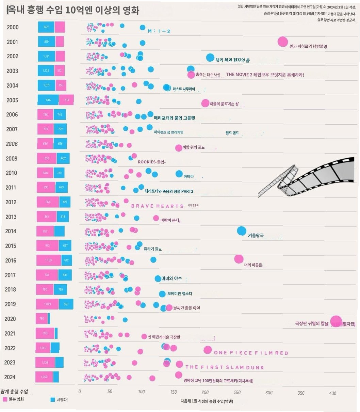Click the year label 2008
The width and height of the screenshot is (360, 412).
pos(12,144)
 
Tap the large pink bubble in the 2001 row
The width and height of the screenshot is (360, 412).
pos(282,42)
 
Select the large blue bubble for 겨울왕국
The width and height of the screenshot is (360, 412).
pos(241,231)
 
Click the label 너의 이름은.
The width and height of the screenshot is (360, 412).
pos(253,265)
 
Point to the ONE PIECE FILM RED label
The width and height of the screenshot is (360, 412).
pos(251,353)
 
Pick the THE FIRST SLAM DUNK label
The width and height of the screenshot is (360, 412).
pos(225,367)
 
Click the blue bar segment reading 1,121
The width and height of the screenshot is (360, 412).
pos(46,56)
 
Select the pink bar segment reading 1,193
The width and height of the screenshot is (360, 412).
pos(49,260)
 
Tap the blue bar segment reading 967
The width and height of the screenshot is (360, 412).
pos(66,304)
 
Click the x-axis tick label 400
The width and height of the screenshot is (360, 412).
pos(332,393)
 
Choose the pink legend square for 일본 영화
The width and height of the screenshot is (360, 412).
pos(5,399)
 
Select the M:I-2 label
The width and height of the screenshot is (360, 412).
pos(159,31)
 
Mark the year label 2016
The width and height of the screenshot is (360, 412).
pos(11,260)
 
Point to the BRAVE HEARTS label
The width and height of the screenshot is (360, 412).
pos(157,206)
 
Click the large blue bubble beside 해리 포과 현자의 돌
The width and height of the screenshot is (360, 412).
pos(210,58)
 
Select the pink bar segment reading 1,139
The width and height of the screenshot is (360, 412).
pos(45,363)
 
